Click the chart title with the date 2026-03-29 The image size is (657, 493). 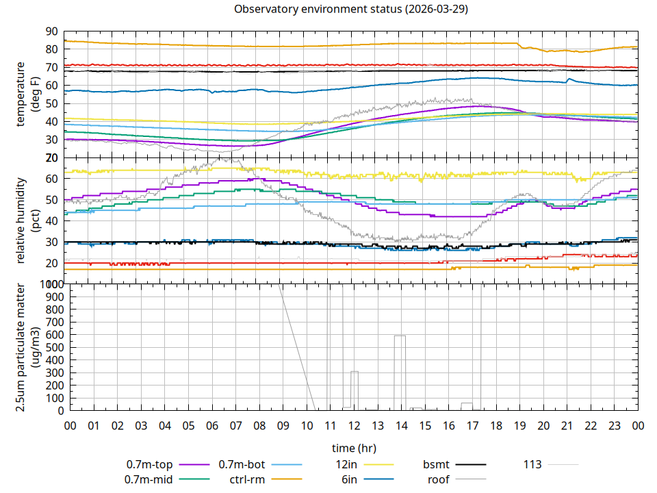[x=351, y=10]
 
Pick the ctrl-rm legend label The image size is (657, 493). [x=247, y=479]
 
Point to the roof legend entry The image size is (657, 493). [x=439, y=479]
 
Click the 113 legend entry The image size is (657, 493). [x=532, y=464]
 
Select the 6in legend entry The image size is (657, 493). [x=349, y=479]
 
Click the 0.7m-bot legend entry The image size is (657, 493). [x=243, y=464]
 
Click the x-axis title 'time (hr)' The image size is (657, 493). [x=354, y=448]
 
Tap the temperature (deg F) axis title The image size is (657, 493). [x=27, y=94]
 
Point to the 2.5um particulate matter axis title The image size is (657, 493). [x=27, y=348]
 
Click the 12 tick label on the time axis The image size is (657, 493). [x=354, y=425]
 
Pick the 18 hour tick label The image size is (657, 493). [x=496, y=425]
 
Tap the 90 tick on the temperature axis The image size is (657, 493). [x=51, y=31]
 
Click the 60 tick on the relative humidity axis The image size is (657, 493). [x=51, y=179]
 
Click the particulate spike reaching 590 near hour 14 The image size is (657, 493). [x=400, y=336]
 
